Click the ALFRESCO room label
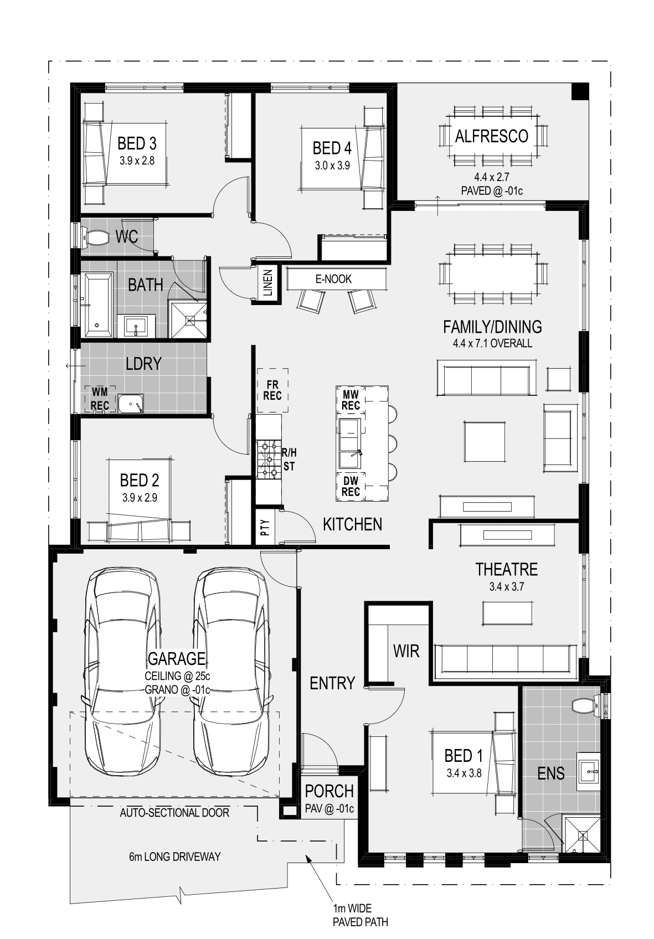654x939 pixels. tap(492, 136)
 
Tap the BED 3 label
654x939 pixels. tap(137, 143)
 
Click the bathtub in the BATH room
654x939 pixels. tap(99, 305)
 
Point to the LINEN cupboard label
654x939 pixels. tap(268, 282)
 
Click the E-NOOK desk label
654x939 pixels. tap(334, 279)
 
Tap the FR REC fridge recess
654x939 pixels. tap(272, 390)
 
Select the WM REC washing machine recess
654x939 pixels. tap(100, 399)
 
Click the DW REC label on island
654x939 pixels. tap(351, 486)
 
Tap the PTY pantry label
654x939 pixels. tap(265, 528)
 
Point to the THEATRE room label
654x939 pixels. tap(507, 569)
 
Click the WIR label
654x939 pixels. tap(406, 651)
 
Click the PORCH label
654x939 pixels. tap(329, 791)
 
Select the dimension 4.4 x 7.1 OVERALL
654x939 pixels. tap(492, 343)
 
